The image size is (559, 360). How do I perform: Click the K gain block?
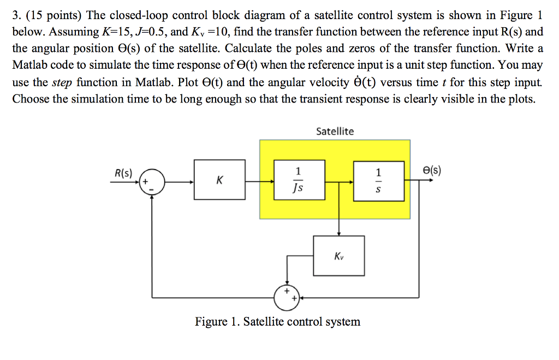click(219, 180)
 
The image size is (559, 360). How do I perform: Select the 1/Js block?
click(299, 180)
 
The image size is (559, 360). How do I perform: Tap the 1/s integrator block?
click(378, 180)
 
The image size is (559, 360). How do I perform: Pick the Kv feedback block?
click(339, 255)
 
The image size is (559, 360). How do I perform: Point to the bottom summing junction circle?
click(285, 298)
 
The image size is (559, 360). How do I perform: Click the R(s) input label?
click(124, 173)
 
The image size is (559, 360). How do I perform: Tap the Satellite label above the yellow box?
click(335, 131)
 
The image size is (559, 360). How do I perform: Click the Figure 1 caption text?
click(277, 321)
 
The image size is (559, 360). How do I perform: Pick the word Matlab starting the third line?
click(31, 65)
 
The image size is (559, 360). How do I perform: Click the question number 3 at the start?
click(16, 15)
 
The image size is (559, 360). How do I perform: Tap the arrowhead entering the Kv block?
click(339, 233)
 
